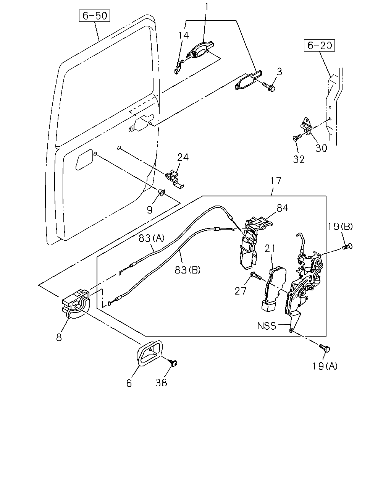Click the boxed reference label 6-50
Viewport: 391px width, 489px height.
coord(94,16)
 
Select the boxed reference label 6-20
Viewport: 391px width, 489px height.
coord(319,45)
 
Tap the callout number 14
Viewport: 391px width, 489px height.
coord(184,36)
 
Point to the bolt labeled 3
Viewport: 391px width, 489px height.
coord(269,87)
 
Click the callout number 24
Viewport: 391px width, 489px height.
coord(183,157)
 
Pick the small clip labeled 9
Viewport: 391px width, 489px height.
coord(162,193)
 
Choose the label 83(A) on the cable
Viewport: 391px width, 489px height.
coord(152,238)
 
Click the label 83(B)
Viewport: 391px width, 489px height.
coord(187,270)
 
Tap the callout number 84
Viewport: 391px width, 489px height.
coord(283,208)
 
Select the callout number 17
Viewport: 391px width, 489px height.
coord(276,181)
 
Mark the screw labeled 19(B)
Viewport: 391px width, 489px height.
coord(347,246)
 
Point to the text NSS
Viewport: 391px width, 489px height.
coord(267,326)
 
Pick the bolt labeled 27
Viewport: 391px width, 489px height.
coord(256,276)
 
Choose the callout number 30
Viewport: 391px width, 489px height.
coord(321,148)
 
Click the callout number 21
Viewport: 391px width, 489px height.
coord(270,249)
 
